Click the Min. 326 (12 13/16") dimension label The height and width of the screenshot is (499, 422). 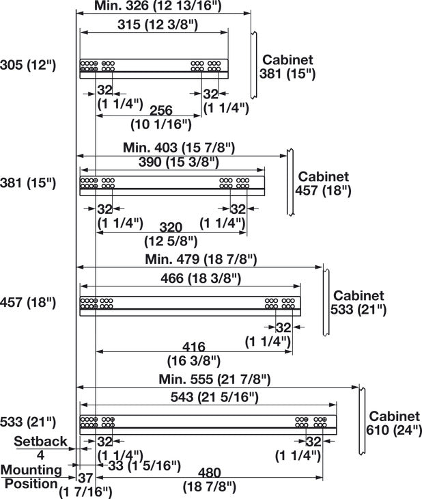[158, 6]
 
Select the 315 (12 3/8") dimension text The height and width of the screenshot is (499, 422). [158, 25]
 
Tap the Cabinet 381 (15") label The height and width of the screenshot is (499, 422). [287, 67]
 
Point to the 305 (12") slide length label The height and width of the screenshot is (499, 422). [28, 65]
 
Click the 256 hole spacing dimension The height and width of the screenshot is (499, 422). [161, 111]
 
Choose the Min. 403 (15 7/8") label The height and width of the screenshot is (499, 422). [179, 148]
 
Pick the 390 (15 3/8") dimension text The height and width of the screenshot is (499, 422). [179, 162]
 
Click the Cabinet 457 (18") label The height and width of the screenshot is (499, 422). [323, 184]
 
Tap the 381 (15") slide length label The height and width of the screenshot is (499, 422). [28, 183]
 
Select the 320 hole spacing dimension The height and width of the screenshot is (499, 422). [171, 228]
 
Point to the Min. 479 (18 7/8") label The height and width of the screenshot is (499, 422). [201, 259]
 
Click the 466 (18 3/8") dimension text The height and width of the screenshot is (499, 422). [201, 278]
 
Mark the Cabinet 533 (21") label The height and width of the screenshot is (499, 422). [358, 302]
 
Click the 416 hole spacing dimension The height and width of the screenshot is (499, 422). [194, 347]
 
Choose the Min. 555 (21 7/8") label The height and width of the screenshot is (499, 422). [214, 379]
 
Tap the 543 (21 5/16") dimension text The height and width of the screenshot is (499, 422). [214, 397]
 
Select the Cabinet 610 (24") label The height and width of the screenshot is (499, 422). [394, 423]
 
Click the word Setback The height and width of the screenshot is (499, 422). [40, 442]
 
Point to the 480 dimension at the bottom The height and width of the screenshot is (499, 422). [210, 472]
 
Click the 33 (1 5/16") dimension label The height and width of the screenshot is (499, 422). [144, 466]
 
